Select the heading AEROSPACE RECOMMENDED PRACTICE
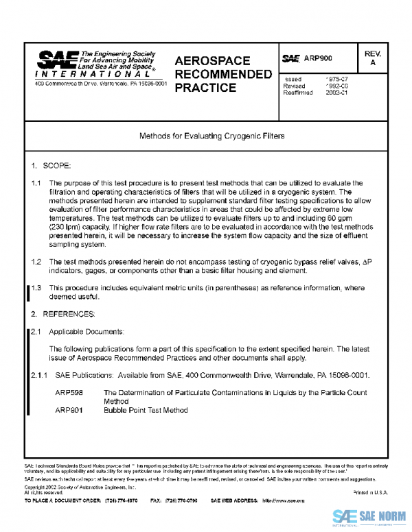click(222, 74)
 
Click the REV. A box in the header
click(373, 58)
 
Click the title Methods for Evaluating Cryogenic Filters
click(206, 136)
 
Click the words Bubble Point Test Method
click(146, 410)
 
